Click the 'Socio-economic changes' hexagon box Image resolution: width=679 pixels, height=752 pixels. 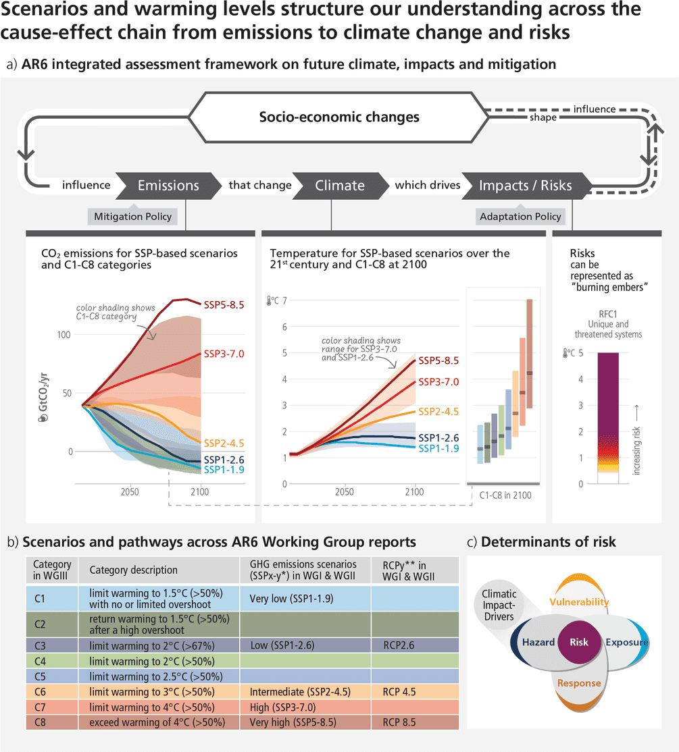click(x=339, y=117)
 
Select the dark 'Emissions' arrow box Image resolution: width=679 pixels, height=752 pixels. click(x=168, y=185)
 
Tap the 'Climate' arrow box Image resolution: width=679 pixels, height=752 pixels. click(x=340, y=185)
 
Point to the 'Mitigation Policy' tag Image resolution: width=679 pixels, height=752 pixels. click(x=132, y=217)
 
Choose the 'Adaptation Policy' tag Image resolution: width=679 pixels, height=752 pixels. click(x=520, y=217)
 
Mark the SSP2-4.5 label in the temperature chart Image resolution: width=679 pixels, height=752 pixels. click(x=438, y=412)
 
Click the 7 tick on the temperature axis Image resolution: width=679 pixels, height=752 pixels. click(x=284, y=300)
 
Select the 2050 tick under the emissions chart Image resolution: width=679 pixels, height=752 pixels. click(x=129, y=492)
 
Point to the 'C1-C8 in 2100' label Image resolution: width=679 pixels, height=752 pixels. click(x=505, y=495)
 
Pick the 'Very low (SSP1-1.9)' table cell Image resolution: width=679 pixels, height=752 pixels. click(x=290, y=598)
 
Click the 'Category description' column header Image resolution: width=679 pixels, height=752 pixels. click(x=134, y=570)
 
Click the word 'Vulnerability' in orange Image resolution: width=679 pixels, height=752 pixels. click(x=579, y=601)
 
